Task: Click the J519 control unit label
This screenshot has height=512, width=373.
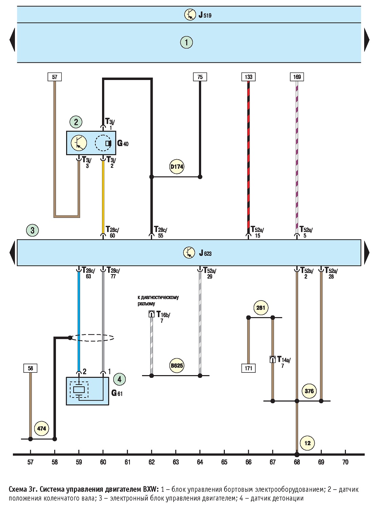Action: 205,15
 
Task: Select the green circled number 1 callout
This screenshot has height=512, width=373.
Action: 186,42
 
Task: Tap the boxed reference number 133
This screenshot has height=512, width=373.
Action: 248,77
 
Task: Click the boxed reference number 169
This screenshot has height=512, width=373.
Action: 297,77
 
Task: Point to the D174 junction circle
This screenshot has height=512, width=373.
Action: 177,167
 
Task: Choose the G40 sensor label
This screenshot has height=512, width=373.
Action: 123,143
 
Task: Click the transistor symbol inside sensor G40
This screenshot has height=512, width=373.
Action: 79,143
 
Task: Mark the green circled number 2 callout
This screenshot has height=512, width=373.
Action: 76,122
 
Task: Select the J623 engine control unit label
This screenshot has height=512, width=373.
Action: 205,253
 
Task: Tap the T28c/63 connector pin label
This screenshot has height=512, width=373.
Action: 88,273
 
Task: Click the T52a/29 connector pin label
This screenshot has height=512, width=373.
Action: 210,273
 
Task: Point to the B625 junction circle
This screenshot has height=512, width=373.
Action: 177,366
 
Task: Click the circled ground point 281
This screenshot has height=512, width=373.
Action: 261,308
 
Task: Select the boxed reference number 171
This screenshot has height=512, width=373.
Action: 248,368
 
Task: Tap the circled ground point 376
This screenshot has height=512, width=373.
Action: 309,391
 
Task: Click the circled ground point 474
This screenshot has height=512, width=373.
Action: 41,428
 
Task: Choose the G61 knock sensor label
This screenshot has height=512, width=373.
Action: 117,393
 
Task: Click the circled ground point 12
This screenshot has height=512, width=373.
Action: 308,443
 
